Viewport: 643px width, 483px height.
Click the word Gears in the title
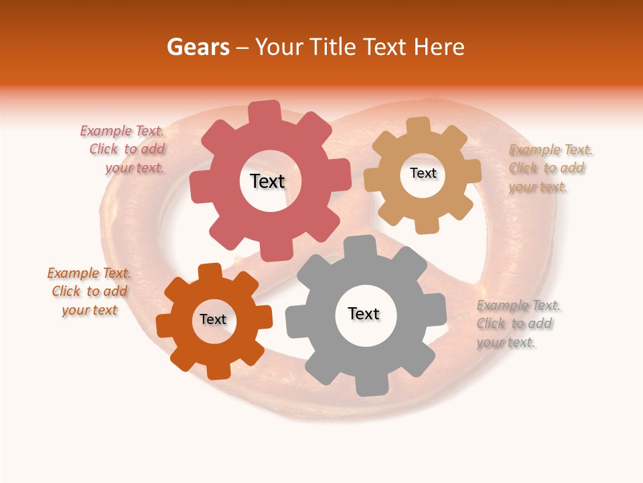(x=198, y=47)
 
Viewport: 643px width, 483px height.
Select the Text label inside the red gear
(x=267, y=181)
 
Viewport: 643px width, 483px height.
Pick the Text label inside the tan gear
(x=423, y=173)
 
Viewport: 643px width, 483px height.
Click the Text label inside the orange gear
(x=213, y=319)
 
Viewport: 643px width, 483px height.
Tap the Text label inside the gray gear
(x=363, y=313)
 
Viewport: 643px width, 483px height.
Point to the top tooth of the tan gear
(x=419, y=126)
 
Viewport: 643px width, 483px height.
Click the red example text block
(x=125, y=150)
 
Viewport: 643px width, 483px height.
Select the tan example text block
(x=549, y=168)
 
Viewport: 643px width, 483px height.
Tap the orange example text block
(x=89, y=291)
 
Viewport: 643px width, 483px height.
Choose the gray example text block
(x=517, y=324)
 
